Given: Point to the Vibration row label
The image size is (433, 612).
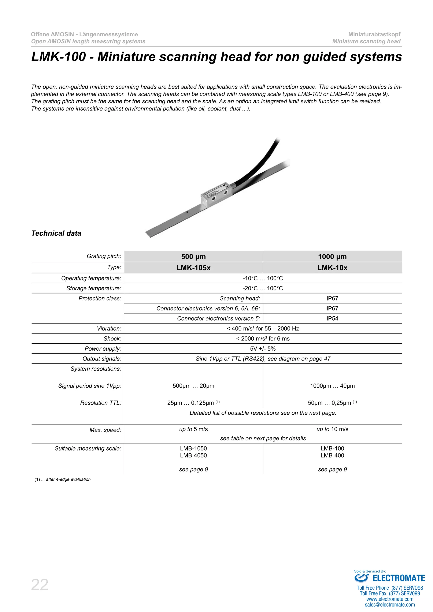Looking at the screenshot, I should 109,329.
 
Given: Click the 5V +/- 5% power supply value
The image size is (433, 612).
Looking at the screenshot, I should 263,349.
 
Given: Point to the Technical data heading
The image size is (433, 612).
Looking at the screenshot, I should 56,233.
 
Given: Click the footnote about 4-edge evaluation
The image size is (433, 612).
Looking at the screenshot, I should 63,479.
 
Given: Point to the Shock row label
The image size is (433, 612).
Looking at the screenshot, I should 112,339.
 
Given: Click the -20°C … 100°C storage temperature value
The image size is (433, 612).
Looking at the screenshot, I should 263,288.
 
